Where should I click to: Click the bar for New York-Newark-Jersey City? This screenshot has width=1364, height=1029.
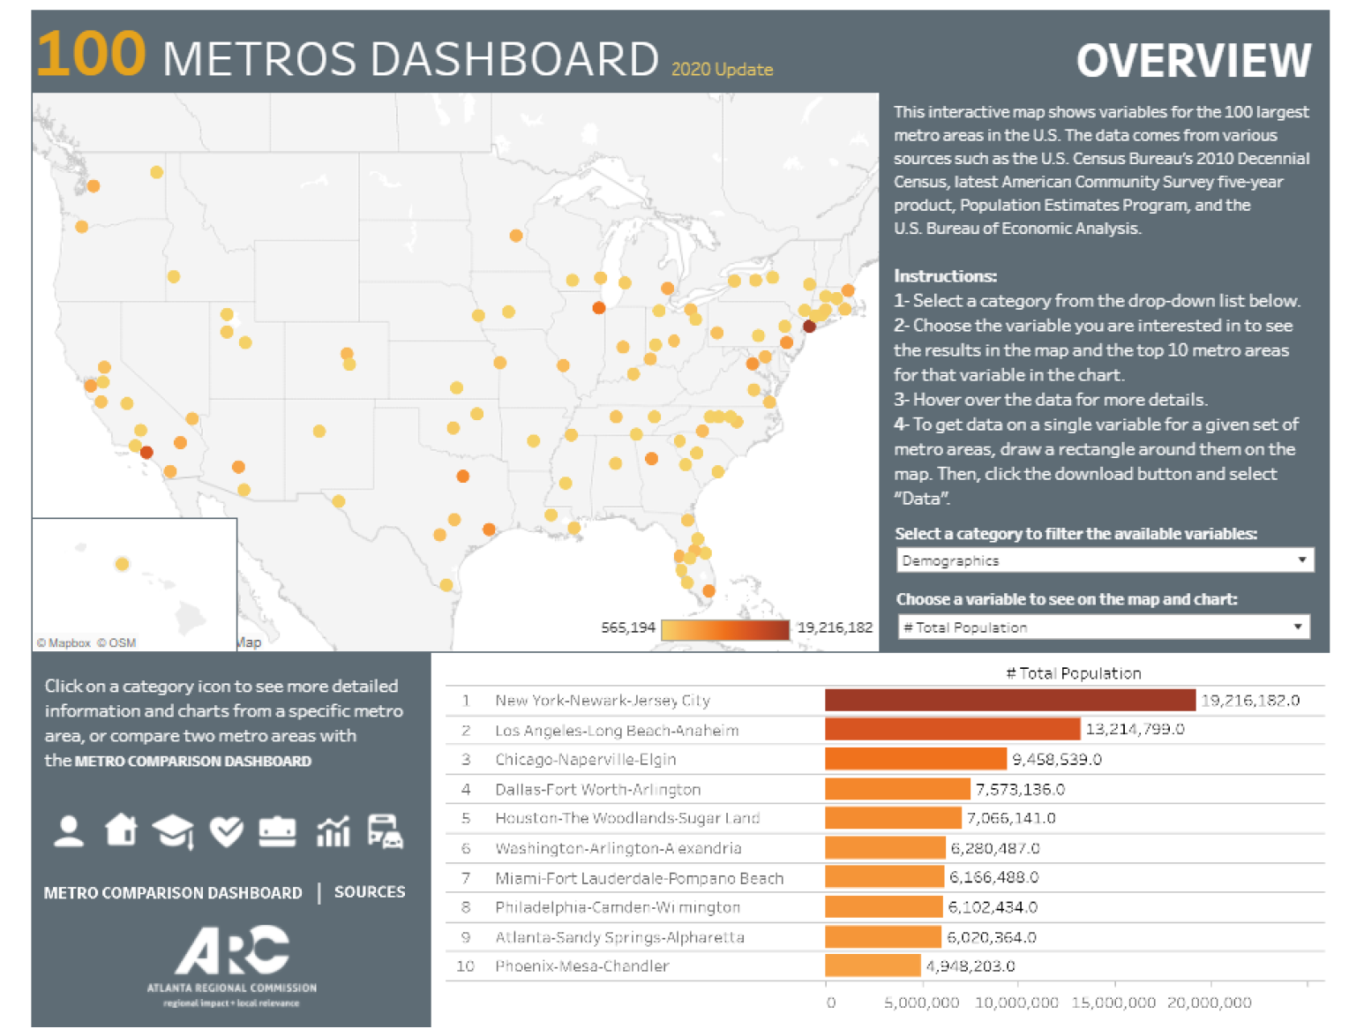(1009, 700)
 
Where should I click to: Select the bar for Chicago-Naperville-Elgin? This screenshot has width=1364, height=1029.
(915, 759)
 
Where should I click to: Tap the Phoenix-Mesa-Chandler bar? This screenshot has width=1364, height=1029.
(872, 965)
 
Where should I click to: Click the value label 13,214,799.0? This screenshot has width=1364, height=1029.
(1135, 730)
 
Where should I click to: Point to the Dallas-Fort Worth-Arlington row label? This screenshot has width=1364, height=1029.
(597, 789)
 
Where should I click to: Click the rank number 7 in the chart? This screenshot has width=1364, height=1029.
(466, 878)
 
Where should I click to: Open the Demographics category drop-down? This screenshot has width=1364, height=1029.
(1104, 560)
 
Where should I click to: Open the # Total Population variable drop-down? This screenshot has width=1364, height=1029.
(1102, 627)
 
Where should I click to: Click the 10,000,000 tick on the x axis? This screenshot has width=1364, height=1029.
(1016, 1003)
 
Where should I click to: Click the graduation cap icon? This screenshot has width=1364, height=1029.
(173, 831)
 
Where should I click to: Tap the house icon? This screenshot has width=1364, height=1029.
(121, 830)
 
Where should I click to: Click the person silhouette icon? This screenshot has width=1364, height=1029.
(69, 831)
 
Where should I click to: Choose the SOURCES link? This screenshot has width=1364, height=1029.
(370, 892)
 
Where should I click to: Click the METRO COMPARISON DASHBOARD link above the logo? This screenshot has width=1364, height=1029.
(173, 893)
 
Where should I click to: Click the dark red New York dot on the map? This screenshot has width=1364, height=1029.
(809, 327)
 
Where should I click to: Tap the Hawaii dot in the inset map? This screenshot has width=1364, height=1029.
(123, 564)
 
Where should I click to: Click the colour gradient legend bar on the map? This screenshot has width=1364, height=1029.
(724, 629)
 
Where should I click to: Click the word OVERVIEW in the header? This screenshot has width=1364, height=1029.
(1193, 61)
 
